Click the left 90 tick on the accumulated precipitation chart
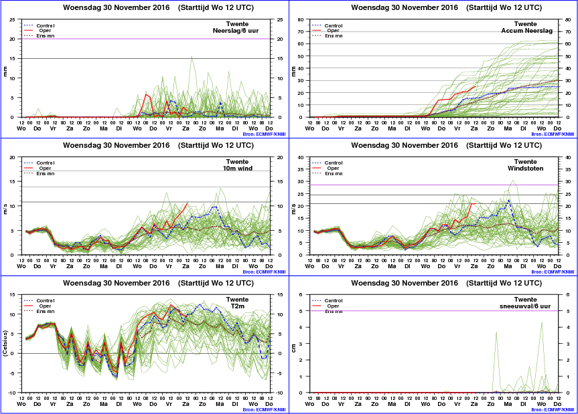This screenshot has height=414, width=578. tap(300, 19)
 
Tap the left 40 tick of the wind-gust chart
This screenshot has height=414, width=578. tap(300, 158)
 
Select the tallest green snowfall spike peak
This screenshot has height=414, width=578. tap(542, 322)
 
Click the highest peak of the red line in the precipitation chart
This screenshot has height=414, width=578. tap(147, 94)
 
